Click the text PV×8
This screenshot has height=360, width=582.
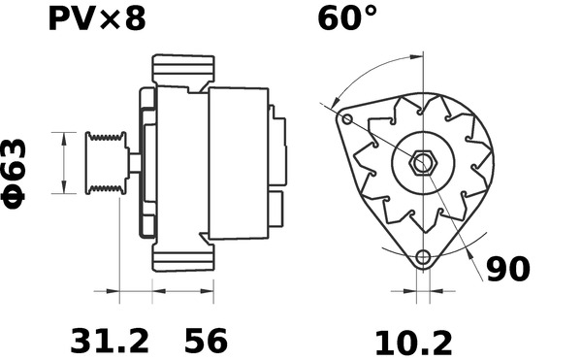point(98,18)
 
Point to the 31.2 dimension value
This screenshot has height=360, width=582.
point(111,341)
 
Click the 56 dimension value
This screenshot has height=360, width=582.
point(206,341)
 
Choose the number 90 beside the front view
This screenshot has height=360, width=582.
point(507,269)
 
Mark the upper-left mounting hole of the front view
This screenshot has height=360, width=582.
point(348,118)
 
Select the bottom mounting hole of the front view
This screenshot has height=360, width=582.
point(422,258)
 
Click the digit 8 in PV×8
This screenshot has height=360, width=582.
point(137,18)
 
